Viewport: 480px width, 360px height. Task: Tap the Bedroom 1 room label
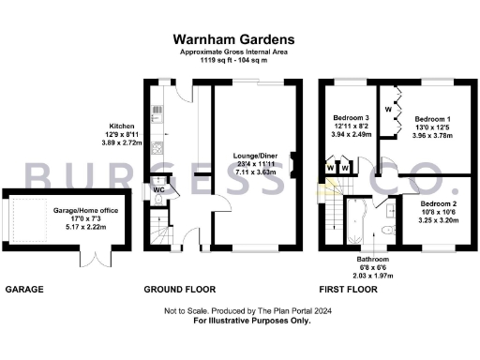pyautogui.click(x=432, y=119)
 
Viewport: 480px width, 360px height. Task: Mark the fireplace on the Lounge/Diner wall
pyautogui.click(x=293, y=165)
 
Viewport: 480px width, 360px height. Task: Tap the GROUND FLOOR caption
pyautogui.click(x=180, y=291)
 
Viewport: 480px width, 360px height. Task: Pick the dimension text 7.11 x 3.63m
pyautogui.click(x=256, y=172)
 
